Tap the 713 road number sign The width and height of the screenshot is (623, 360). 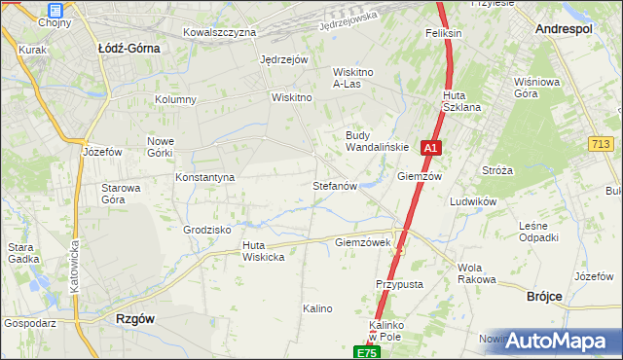601,144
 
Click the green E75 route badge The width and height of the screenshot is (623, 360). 366,352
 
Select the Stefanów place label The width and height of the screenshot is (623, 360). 336,185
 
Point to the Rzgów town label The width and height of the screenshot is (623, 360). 135,317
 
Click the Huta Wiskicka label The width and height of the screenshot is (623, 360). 263,251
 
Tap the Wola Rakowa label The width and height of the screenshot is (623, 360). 476,273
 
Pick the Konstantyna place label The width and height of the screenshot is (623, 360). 205,178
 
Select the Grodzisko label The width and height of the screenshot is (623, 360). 206,230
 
